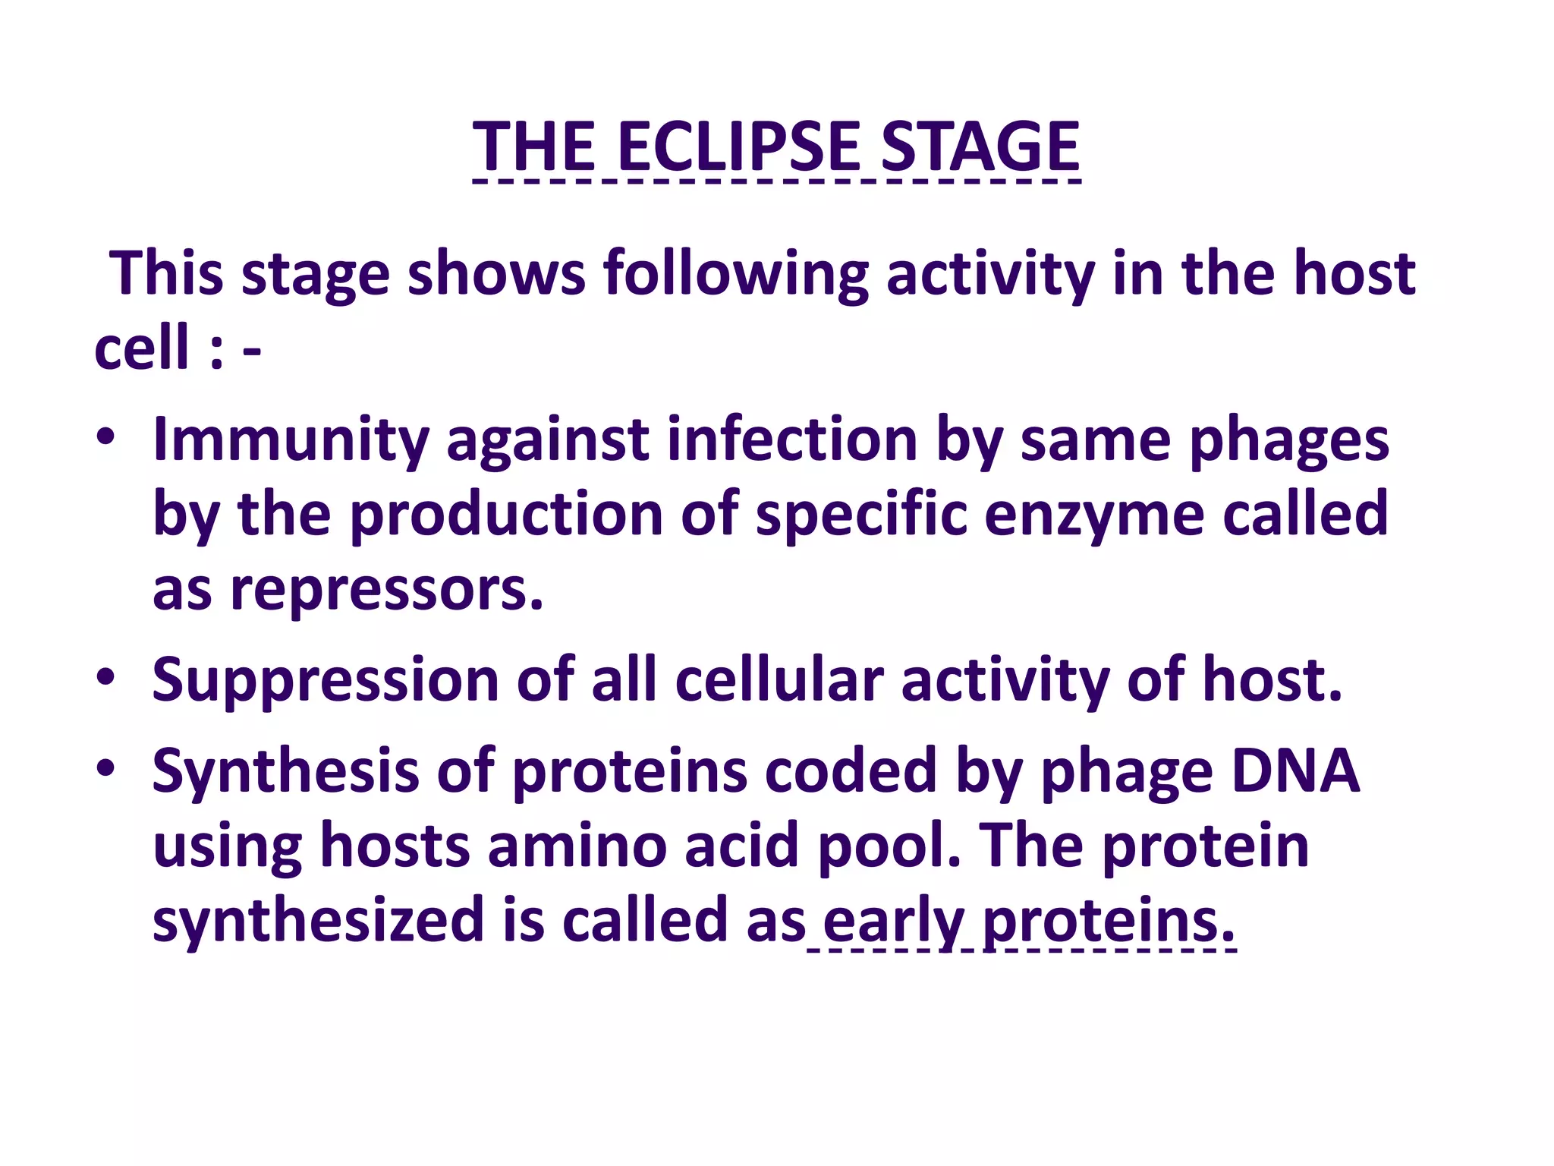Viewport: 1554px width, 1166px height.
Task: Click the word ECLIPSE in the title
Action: point(739,146)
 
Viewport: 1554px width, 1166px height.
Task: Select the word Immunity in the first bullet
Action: point(291,440)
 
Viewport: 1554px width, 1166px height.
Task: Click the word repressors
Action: point(387,590)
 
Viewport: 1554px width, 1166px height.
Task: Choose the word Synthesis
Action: point(285,771)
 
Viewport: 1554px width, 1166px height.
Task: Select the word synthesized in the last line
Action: point(318,921)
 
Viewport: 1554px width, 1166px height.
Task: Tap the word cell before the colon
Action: point(141,348)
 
